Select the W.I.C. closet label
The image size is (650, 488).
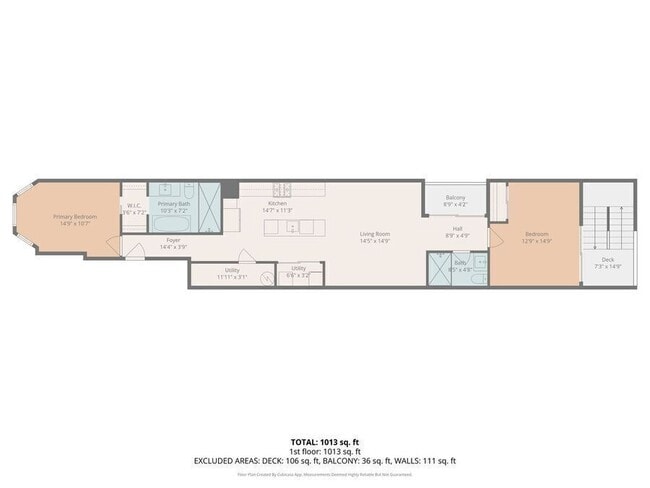tap(134, 208)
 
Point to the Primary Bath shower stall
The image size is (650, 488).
tap(210, 207)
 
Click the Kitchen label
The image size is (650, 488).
tap(277, 203)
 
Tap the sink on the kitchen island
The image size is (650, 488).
tap(291, 227)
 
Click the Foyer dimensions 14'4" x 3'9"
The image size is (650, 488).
tap(174, 247)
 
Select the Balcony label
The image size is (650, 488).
tap(455, 197)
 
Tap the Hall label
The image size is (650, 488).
tap(457, 228)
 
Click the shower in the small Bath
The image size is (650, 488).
tap(439, 268)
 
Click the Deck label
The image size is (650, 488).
tap(608, 260)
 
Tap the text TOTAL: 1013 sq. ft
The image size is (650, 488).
tap(324, 441)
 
